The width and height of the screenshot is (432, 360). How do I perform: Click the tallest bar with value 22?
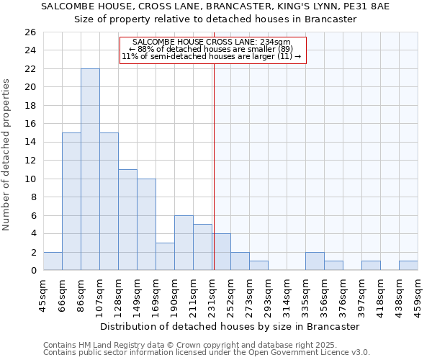click(x=90, y=169)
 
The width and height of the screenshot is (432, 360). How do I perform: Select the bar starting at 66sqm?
click(x=71, y=202)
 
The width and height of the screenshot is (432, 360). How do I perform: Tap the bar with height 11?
click(x=127, y=220)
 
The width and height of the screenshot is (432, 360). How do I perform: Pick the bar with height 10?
click(x=146, y=224)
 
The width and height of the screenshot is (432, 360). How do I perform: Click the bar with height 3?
click(x=165, y=256)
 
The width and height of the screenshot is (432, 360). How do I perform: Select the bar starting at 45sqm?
click(x=53, y=261)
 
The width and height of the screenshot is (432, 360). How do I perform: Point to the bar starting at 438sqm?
click(x=408, y=266)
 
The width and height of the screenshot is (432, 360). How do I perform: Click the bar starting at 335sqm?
click(x=315, y=261)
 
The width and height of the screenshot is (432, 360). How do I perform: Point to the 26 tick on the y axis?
click(x=30, y=32)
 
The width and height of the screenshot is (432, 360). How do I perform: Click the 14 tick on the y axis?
click(x=30, y=142)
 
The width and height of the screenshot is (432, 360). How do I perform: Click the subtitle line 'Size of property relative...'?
click(x=216, y=19)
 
